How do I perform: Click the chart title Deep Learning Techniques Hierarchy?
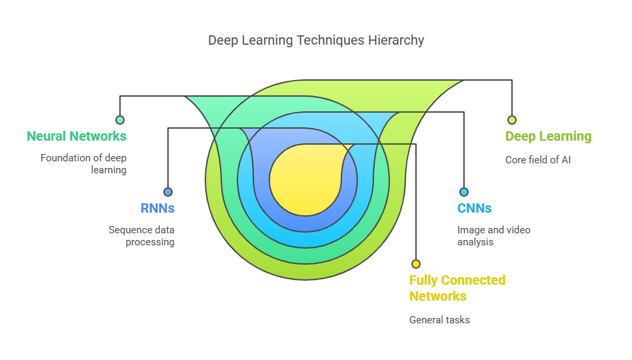click(316, 40)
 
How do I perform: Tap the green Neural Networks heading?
click(77, 136)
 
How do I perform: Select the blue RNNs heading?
click(157, 209)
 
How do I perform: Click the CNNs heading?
click(475, 209)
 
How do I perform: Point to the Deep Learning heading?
click(549, 137)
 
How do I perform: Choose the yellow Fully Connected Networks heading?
click(457, 288)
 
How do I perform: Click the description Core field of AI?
click(538, 160)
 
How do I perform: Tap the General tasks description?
click(440, 320)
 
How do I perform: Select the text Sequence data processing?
click(141, 236)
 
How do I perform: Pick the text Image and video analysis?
click(494, 236)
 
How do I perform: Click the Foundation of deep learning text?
click(83, 164)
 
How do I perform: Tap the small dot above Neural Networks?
click(120, 120)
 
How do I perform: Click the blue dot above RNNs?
click(168, 192)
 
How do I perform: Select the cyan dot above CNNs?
click(464, 192)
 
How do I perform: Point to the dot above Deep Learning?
click(512, 120)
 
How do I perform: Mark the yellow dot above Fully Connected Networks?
click(416, 264)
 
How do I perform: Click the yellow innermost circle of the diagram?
click(305, 181)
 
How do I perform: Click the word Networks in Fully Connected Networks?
click(438, 296)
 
